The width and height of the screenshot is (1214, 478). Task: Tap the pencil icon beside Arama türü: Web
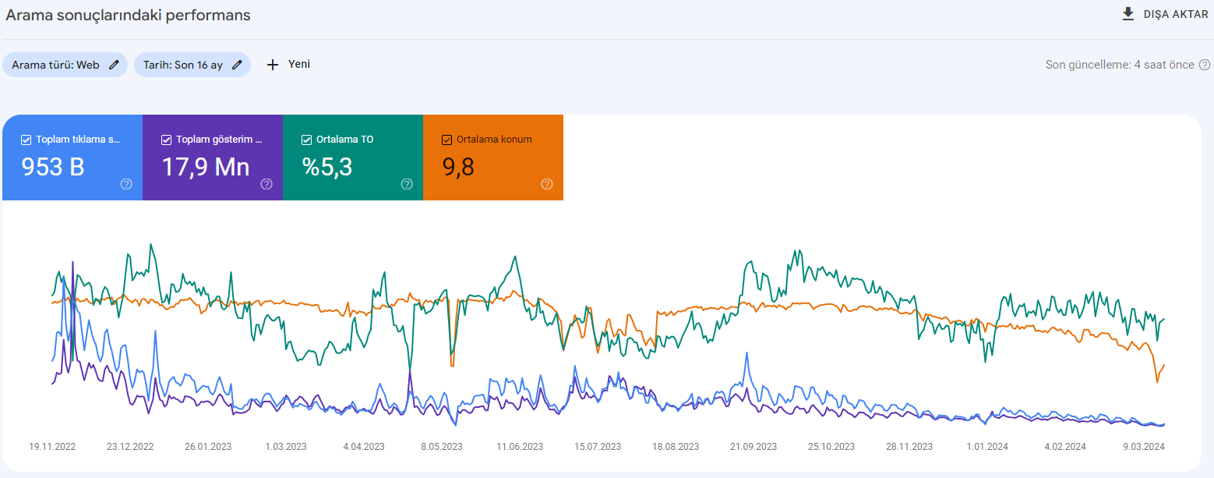click(x=114, y=65)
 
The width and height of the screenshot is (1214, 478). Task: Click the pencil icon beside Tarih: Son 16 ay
click(x=237, y=65)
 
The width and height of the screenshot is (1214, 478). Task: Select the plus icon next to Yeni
click(x=273, y=65)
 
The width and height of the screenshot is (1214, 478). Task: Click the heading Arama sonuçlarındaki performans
click(x=128, y=15)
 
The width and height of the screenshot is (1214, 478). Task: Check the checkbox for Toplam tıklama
click(x=26, y=140)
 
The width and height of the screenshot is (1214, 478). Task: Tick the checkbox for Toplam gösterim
click(x=167, y=140)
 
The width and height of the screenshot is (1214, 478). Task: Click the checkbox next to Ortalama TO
click(x=307, y=140)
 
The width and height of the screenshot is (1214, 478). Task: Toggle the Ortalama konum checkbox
click(x=446, y=140)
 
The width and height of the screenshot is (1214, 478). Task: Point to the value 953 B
click(x=53, y=167)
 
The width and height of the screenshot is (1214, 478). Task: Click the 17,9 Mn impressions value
click(x=206, y=167)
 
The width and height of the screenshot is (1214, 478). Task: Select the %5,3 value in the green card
click(x=327, y=167)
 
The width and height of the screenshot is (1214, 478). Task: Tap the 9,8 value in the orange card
click(x=458, y=167)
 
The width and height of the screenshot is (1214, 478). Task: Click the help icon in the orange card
click(x=547, y=184)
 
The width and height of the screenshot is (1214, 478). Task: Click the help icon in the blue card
click(x=126, y=184)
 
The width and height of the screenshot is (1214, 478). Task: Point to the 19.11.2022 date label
click(x=52, y=447)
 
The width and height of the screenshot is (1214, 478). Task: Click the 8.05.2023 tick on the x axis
click(x=442, y=447)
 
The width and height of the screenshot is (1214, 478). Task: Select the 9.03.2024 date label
click(x=1144, y=447)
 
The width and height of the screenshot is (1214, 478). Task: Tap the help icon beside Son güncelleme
click(x=1204, y=65)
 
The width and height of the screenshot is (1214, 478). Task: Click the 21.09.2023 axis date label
click(x=753, y=447)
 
